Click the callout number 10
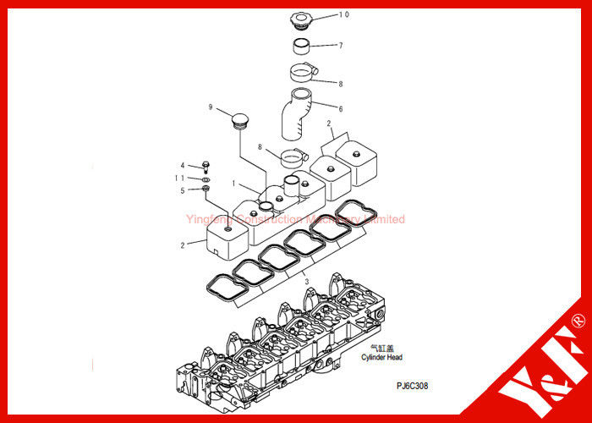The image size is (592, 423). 344,14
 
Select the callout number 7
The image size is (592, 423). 341,45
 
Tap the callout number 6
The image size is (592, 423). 341,108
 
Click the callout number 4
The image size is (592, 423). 182,165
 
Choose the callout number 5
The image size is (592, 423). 182,190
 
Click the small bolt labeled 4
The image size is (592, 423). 206,167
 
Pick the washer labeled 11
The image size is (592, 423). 206,179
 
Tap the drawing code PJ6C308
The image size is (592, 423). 412,385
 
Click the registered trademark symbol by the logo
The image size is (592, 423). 578,321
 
